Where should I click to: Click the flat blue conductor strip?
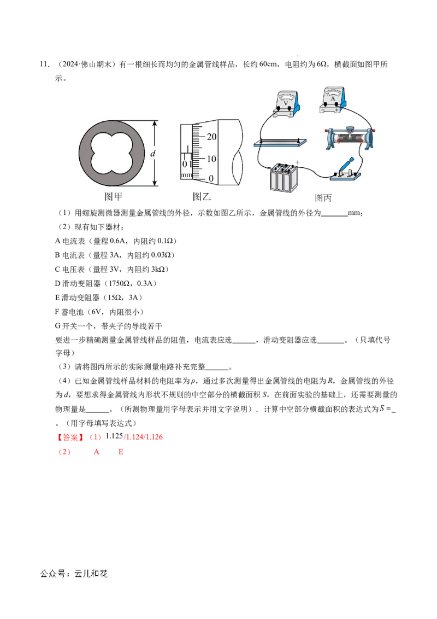tap(279, 144)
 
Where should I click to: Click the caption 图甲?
tap(113, 197)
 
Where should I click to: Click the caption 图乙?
tap(201, 197)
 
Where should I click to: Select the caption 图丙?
tap(323, 198)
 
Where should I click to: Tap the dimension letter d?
tap(153, 154)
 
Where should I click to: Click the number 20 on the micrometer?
tap(212, 136)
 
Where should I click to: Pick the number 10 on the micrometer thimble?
tap(211, 159)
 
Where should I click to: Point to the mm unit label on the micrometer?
tap(186, 176)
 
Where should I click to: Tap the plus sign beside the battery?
tap(298, 162)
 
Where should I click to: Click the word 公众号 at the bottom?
tap(51, 574)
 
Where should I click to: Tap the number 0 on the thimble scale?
tap(211, 179)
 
